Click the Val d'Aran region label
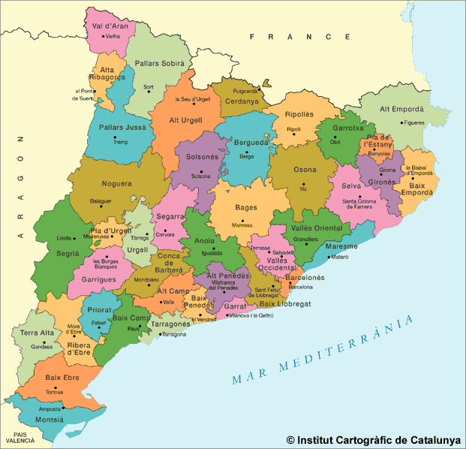point(110,26)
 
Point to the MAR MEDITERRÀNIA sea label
point(323,351)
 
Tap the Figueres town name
point(413,122)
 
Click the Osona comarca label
point(304,170)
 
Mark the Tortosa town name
point(54,392)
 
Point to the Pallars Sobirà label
point(154,64)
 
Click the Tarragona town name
point(173,334)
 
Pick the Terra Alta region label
point(37,333)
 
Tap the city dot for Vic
point(304,184)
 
